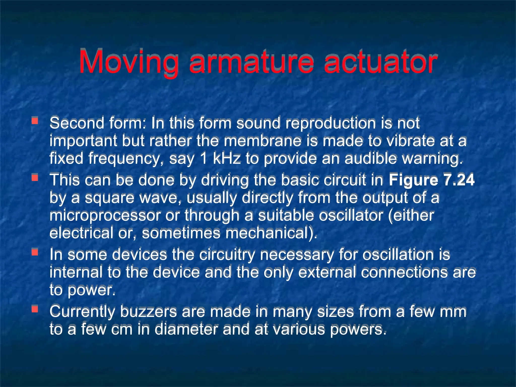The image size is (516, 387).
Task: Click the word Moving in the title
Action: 129,62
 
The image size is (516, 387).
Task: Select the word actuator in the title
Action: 380,62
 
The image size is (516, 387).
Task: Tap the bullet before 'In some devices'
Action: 35,252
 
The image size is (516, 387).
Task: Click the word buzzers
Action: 149,311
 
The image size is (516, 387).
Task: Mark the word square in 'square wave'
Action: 109,198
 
